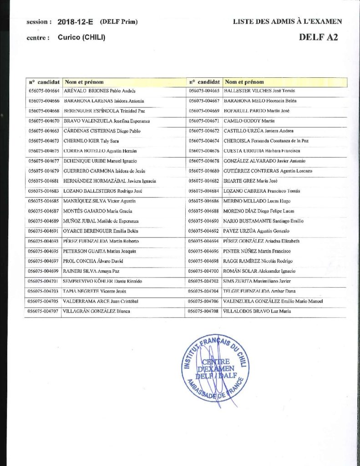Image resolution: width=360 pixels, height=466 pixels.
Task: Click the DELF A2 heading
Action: pyautogui.click(x=318, y=38)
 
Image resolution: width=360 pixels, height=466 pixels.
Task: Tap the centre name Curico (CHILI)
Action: pyautogui.click(x=81, y=38)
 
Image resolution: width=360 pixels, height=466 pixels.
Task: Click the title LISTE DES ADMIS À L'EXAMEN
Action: pyautogui.click(x=288, y=21)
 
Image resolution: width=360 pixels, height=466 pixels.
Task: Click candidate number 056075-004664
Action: pyautogui.click(x=44, y=91)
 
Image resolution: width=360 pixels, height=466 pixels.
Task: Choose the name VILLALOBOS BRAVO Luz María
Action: pyautogui.click(x=257, y=311)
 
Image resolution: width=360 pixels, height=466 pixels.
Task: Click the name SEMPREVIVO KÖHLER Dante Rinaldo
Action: pyautogui.click(x=103, y=281)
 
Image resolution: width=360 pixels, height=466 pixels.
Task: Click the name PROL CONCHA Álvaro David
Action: pyautogui.click(x=93, y=261)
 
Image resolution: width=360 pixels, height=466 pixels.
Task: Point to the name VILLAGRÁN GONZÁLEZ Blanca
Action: pyautogui.click(x=97, y=311)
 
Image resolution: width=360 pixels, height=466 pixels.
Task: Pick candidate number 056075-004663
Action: pyautogui.click(x=44, y=131)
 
